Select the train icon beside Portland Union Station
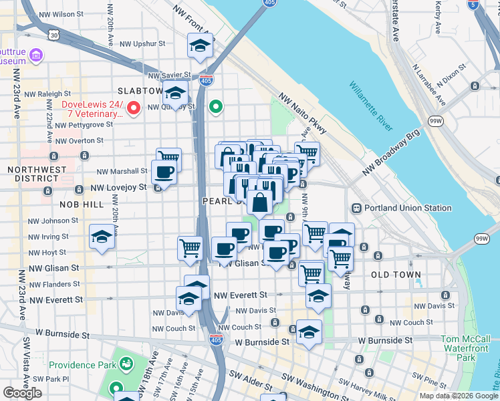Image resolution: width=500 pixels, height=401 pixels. click(356, 208)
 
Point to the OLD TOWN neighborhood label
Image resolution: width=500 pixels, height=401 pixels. click(396, 275)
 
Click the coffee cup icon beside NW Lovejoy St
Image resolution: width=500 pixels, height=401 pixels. click(164, 173)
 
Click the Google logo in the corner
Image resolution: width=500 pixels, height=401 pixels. click(22, 393)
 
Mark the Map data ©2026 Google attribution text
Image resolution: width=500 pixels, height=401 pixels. click(459, 396)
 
